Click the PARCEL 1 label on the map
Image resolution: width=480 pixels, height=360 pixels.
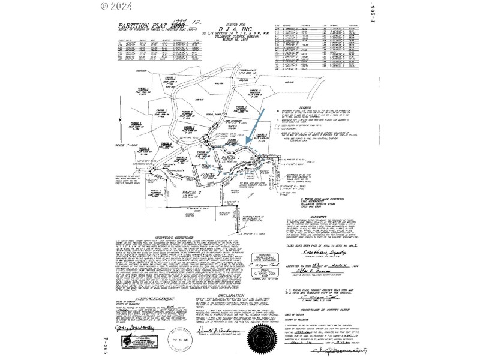[x=230, y=158]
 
